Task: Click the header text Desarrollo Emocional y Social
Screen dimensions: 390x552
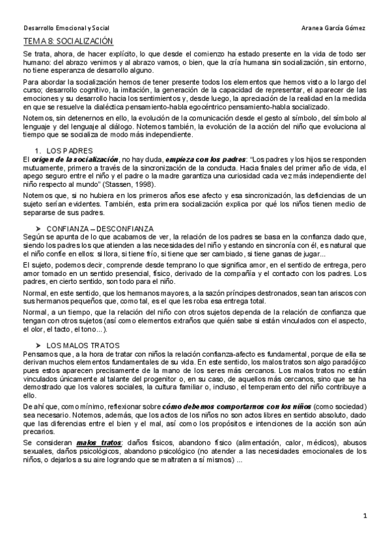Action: [66, 28]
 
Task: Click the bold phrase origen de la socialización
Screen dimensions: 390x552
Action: [75, 159]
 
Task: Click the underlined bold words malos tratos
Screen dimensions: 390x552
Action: [96, 442]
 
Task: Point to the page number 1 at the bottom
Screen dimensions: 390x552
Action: [366, 517]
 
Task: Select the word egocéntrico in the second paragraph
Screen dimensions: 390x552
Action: [221, 108]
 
